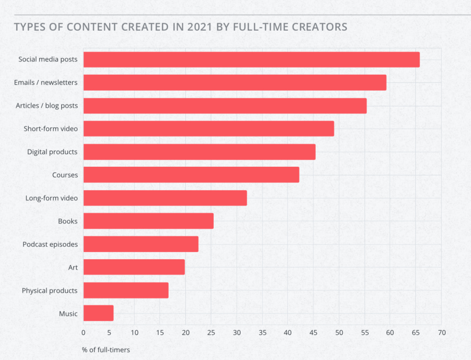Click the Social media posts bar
click(x=251, y=59)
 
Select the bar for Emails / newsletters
click(x=235, y=82)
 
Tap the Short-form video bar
click(x=208, y=128)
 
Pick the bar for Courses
click(x=191, y=175)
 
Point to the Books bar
click(x=149, y=221)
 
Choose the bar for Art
click(x=134, y=267)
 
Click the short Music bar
click(x=99, y=313)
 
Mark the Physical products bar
click(x=126, y=290)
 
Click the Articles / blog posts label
click(x=46, y=105)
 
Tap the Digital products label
click(x=52, y=152)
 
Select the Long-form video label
click(x=51, y=198)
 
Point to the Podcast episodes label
click(x=50, y=244)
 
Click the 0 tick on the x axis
click(x=83, y=332)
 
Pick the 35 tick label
click(x=263, y=332)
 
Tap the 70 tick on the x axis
click(x=441, y=332)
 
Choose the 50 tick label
click(x=339, y=332)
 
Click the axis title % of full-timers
click(x=106, y=349)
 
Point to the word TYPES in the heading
click(x=30, y=26)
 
